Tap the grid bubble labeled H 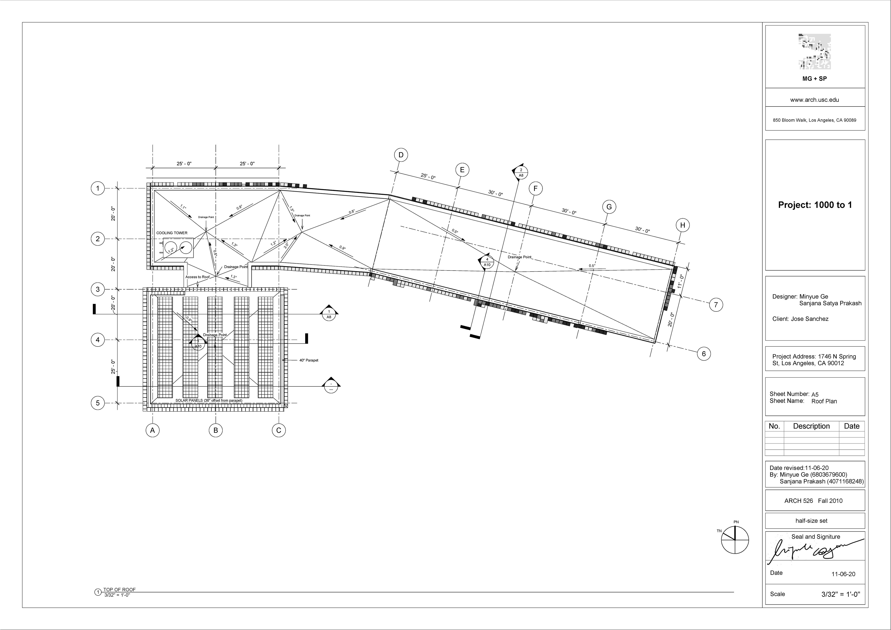point(683,225)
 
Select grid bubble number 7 point(716,305)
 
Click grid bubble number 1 point(98,189)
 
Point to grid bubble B point(216,430)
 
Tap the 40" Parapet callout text point(309,360)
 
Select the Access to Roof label point(197,277)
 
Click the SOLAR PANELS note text point(209,401)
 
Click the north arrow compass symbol point(735,540)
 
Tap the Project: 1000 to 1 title point(815,205)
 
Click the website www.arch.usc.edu point(815,100)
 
